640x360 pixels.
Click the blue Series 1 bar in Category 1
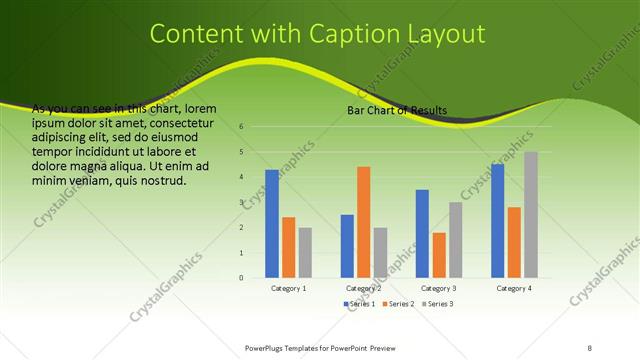tap(272, 224)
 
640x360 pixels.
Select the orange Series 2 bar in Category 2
tap(363, 222)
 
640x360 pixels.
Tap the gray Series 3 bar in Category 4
tap(531, 215)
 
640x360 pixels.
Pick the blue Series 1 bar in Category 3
tap(422, 234)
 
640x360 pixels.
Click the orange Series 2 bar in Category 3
tap(439, 255)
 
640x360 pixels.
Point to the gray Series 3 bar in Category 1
tap(305, 253)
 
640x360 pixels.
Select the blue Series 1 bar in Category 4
tap(498, 221)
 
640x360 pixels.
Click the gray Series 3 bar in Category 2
tap(380, 253)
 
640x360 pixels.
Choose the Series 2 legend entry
tap(399, 303)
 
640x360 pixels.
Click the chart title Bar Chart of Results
tap(397, 110)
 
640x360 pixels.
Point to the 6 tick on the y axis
tap(241, 127)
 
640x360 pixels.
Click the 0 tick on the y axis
tap(241, 278)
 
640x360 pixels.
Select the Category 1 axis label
tap(289, 288)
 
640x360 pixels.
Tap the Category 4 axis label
tap(514, 288)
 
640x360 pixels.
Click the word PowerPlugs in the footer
tap(268, 347)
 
